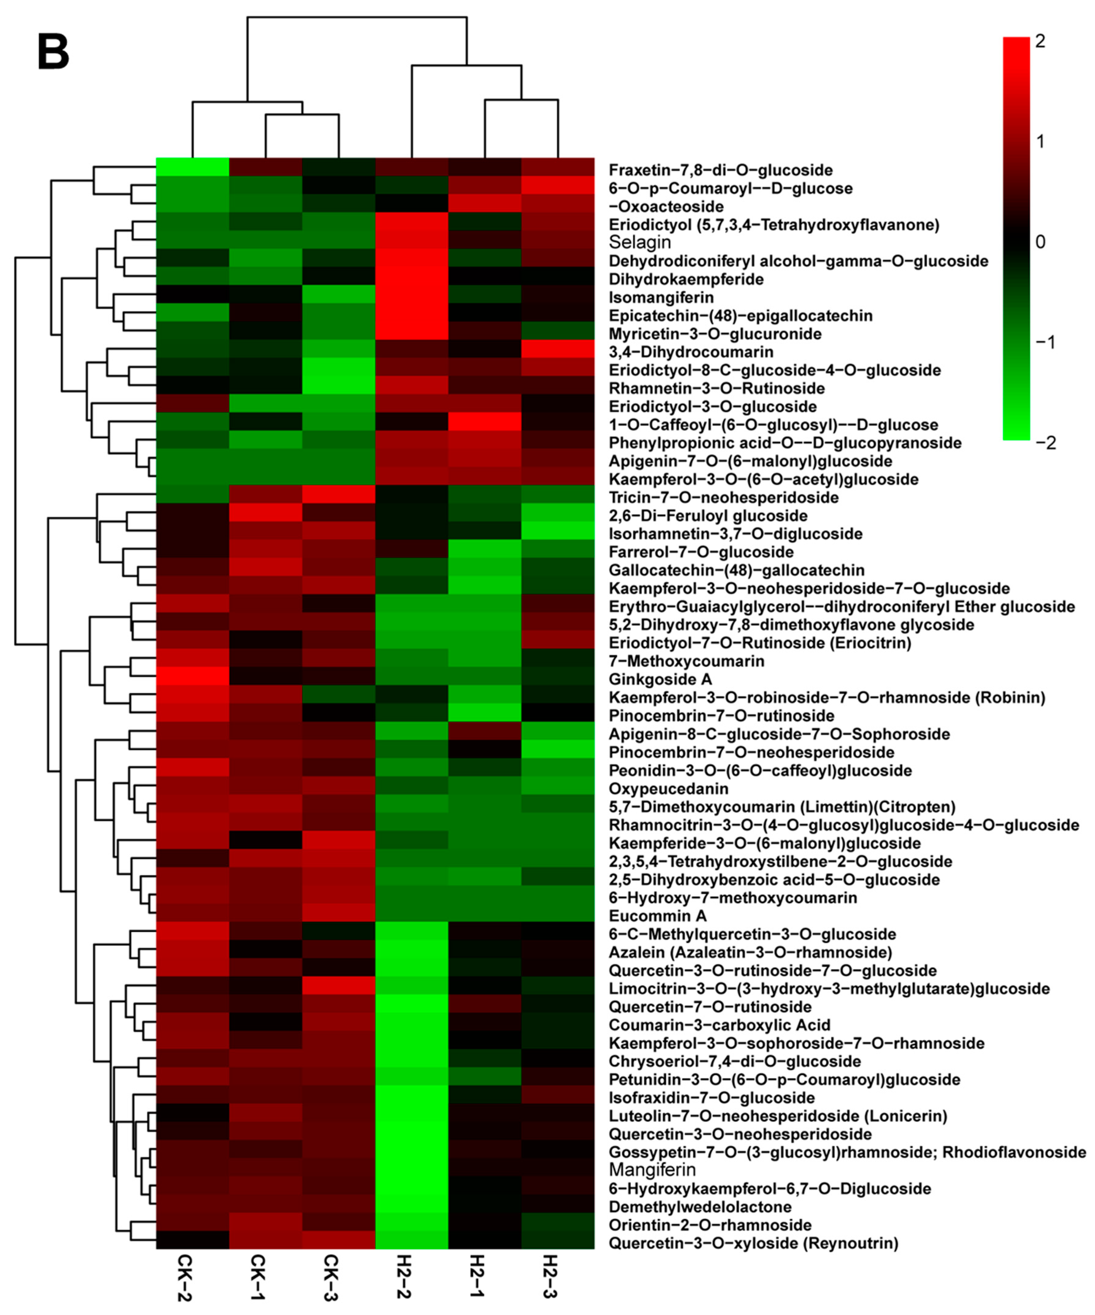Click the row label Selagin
pyautogui.click(x=639, y=242)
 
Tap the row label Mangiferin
pyautogui.click(x=652, y=1170)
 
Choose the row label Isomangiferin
pyautogui.click(x=661, y=297)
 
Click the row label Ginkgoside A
pyautogui.click(x=660, y=679)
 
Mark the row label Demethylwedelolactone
pyautogui.click(x=700, y=1207)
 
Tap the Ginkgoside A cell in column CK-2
pyautogui.click(x=192, y=677)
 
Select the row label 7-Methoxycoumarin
pyautogui.click(x=686, y=661)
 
